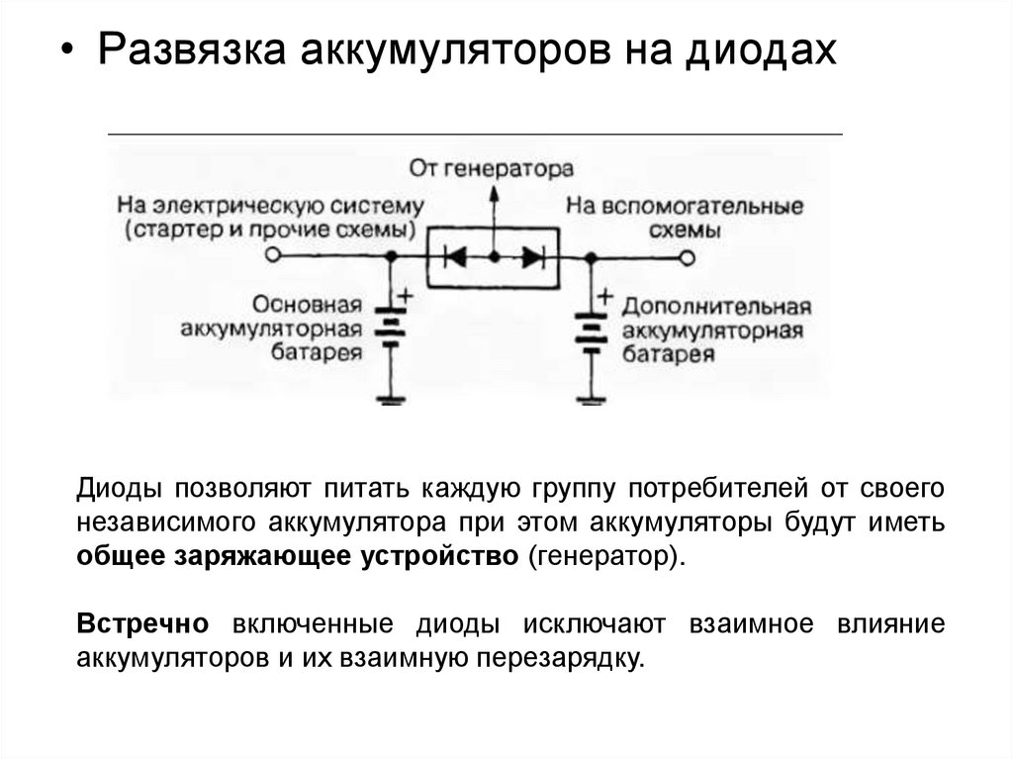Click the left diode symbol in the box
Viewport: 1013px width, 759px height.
(456, 257)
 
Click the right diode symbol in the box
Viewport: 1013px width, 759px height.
(532, 257)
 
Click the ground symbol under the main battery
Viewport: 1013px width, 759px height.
(393, 400)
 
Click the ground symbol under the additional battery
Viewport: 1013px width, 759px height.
(591, 400)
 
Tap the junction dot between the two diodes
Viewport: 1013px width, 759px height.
(494, 257)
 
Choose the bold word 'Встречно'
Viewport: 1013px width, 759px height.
(142, 625)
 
